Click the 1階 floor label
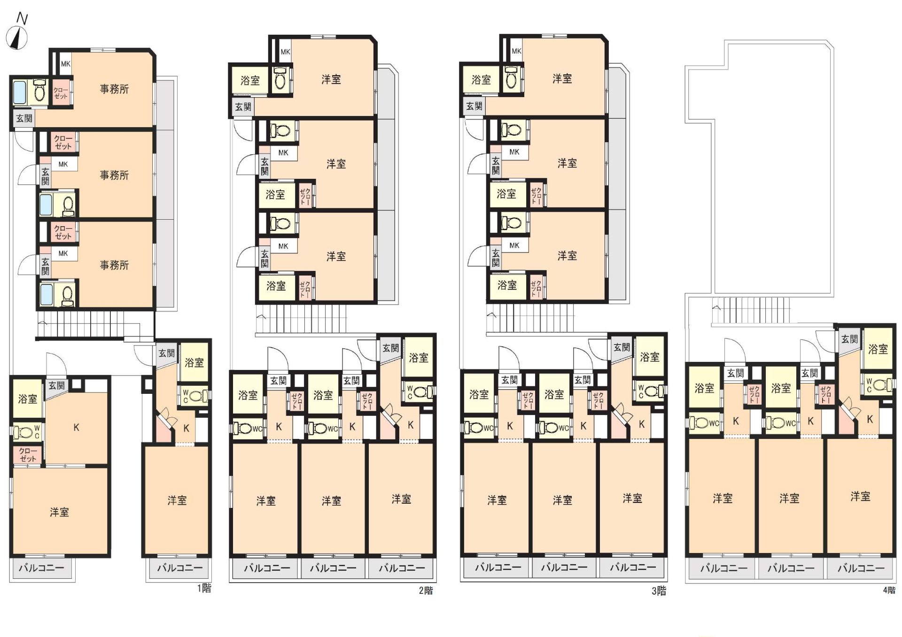click(204, 588)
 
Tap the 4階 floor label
click(889, 590)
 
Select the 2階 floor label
click(426, 591)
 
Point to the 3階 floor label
click(659, 591)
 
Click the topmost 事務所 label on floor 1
click(114, 89)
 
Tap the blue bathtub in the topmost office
click(20, 92)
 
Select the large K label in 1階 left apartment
click(76, 428)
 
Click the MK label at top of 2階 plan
click(285, 52)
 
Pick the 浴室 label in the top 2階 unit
click(250, 81)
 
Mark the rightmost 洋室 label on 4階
click(860, 497)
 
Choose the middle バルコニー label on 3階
click(564, 567)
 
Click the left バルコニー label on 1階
click(41, 568)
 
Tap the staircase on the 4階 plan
click(750, 310)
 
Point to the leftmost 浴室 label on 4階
click(704, 388)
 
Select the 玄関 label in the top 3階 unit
click(474, 106)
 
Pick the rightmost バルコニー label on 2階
click(402, 568)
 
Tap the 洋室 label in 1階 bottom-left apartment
click(59, 512)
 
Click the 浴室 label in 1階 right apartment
click(194, 362)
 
